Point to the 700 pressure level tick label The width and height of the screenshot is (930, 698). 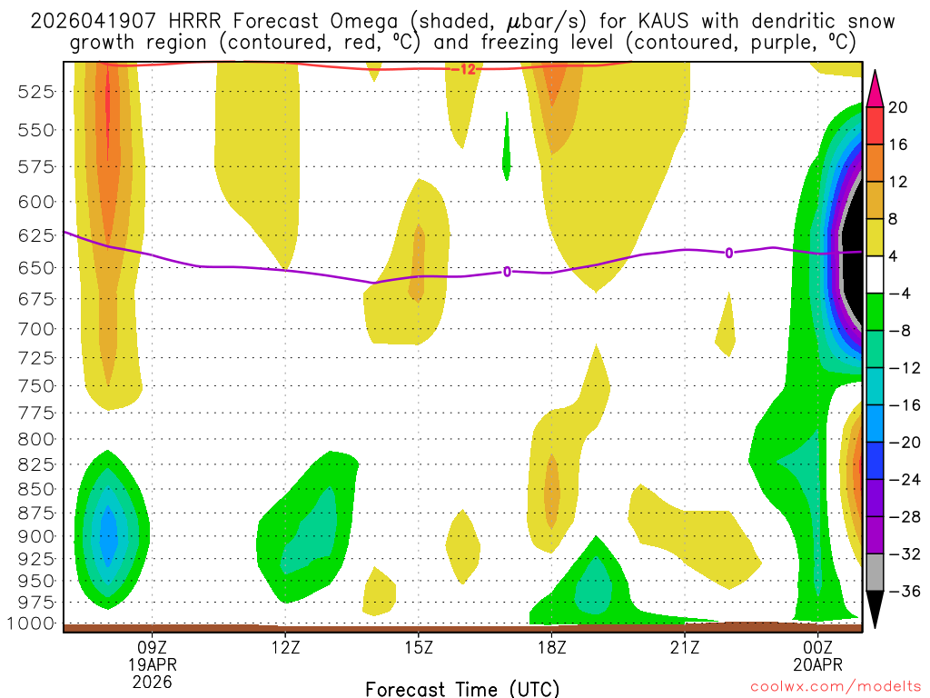click(x=37, y=328)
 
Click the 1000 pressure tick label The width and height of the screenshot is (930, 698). click(x=34, y=623)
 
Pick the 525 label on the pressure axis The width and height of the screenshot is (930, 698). click(x=37, y=92)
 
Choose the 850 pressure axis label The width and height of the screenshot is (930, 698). click(x=37, y=489)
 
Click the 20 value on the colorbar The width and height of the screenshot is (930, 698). click(x=898, y=107)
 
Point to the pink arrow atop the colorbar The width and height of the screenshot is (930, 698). click(x=875, y=88)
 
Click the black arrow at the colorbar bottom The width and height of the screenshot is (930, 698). click(x=875, y=609)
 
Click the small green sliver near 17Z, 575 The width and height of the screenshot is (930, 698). click(x=507, y=145)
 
